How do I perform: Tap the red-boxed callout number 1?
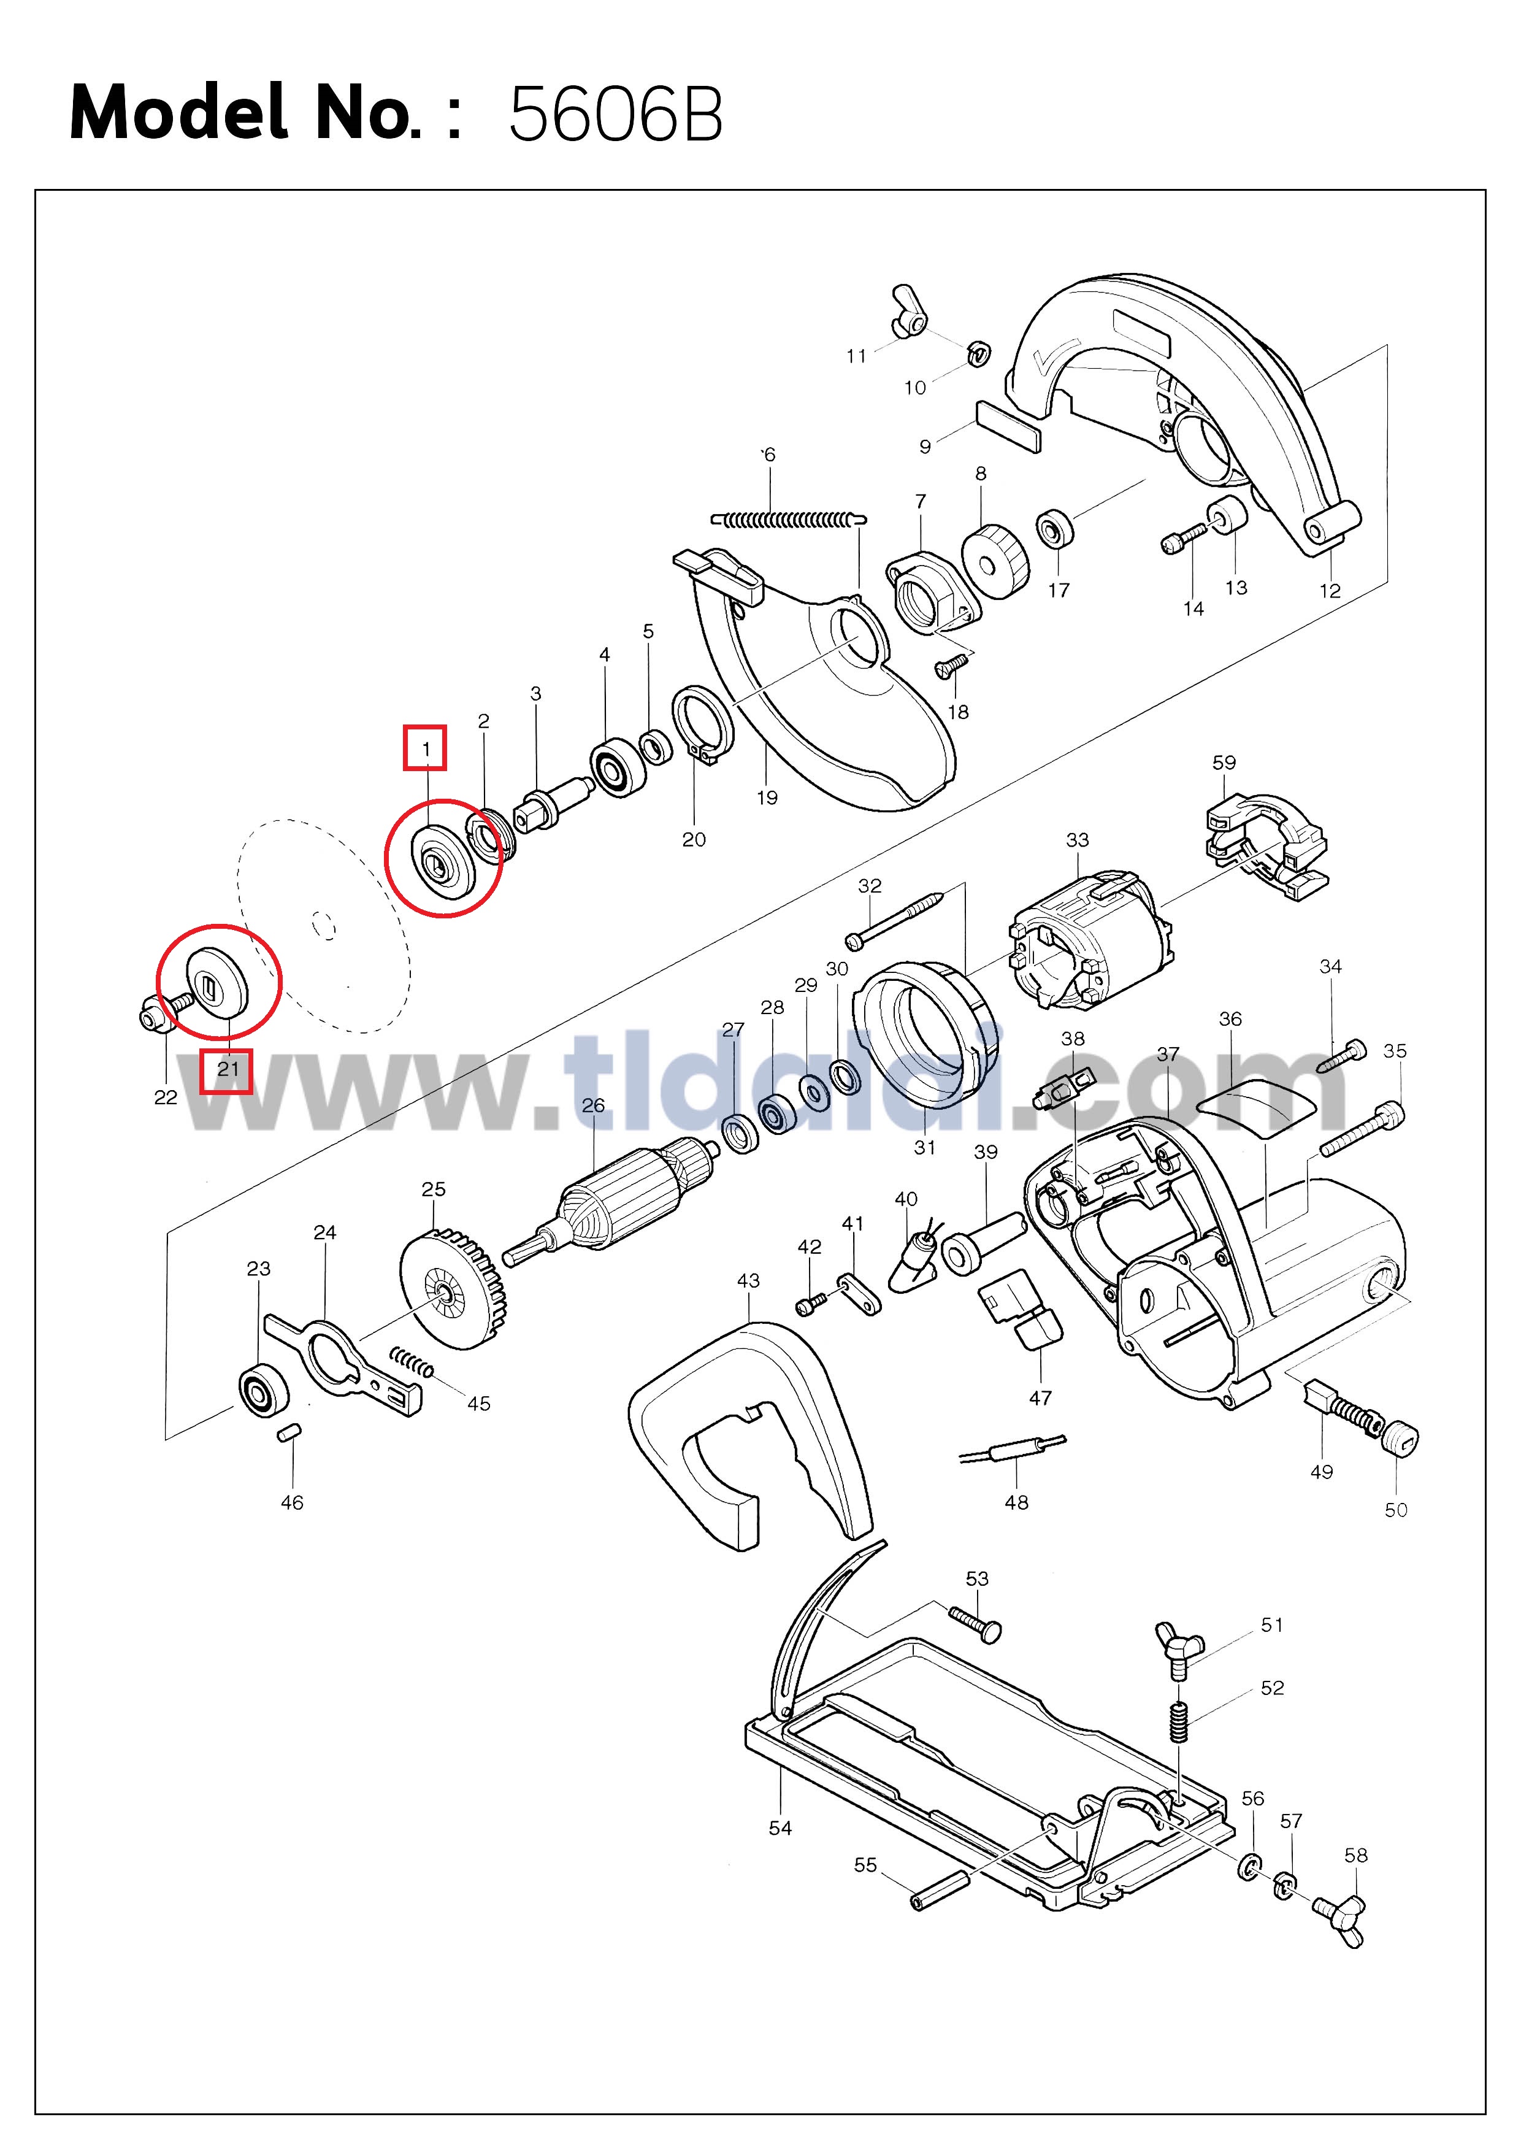(426, 749)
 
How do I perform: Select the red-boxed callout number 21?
(228, 1069)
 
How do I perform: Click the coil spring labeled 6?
(788, 518)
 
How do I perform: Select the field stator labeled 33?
(1090, 940)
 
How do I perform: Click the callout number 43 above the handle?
(748, 1280)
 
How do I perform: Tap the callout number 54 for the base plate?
(780, 1827)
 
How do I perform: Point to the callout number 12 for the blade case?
(1330, 591)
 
